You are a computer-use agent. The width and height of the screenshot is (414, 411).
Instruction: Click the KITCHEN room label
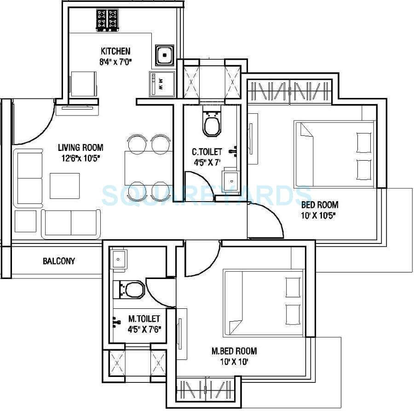(x=115, y=51)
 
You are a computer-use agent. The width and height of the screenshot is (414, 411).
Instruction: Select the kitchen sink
(x=163, y=56)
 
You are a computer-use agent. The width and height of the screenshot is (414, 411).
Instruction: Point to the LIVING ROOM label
(x=80, y=148)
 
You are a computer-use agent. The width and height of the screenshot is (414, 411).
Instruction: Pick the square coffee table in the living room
(x=64, y=185)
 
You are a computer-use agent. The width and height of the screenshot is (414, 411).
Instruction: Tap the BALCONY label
(x=59, y=261)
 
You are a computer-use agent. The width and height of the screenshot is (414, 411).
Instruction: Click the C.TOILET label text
(x=207, y=151)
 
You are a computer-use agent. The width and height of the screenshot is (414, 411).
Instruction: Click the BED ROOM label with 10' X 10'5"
(x=320, y=205)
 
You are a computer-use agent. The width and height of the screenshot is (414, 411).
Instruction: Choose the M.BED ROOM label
(x=234, y=351)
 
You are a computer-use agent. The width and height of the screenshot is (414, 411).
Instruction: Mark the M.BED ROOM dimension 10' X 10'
(x=234, y=362)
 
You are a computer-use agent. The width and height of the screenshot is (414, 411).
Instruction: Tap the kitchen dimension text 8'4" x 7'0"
(x=116, y=61)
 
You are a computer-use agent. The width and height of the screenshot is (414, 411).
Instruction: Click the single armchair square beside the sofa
(x=25, y=221)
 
